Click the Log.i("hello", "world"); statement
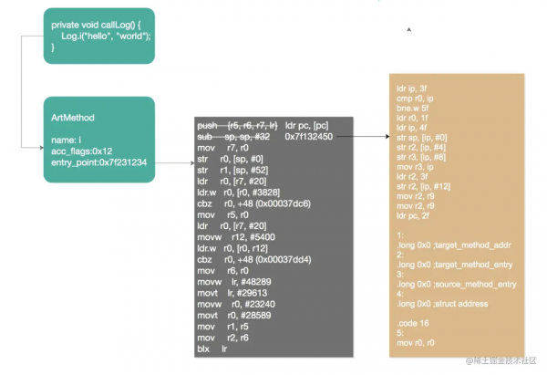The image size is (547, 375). pos(106,35)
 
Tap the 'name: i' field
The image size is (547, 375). pos(67,139)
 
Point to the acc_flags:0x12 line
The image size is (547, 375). pos(81,151)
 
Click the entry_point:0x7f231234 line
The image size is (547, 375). pos(99,161)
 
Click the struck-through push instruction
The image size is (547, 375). pos(232,124)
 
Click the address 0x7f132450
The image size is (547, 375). pos(308,136)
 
